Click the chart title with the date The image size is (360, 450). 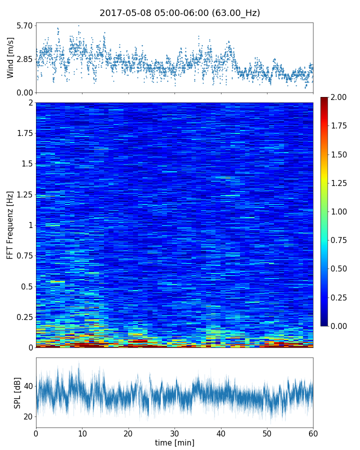tap(180, 13)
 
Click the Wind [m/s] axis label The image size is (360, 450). tap(10, 59)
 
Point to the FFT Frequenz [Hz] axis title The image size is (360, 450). tap(10, 225)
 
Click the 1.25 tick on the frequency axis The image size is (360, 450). tap(23, 194)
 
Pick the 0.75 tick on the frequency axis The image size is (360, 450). tap(23, 256)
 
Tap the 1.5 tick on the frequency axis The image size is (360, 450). tap(26, 164)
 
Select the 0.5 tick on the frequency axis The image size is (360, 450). tap(26, 286)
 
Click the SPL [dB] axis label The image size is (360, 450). tap(18, 393)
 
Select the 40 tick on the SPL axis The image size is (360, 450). tap(27, 386)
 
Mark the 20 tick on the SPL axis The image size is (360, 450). tap(27, 416)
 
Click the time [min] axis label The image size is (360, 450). tap(174, 442)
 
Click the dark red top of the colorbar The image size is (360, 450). tap(324, 99)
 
